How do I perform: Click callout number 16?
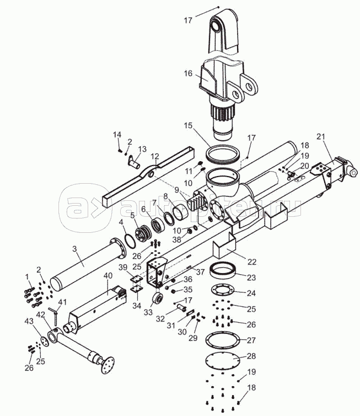pyautogui.click(x=188, y=73)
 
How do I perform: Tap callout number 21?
pyautogui.click(x=320, y=137)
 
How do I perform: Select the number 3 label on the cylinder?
pyautogui.click(x=74, y=249)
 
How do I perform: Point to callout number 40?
pyautogui.click(x=108, y=276)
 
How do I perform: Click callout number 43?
pyautogui.click(x=29, y=322)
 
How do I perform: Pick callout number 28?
pyautogui.click(x=251, y=356)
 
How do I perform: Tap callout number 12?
pyautogui.click(x=155, y=156)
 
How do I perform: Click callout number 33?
pyautogui.click(x=148, y=312)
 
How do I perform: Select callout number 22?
pyautogui.click(x=252, y=262)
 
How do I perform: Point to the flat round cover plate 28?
pyautogui.click(x=223, y=360)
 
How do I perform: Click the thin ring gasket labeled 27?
pyautogui.click(x=223, y=340)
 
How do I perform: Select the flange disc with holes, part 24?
pyautogui.click(x=222, y=290)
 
